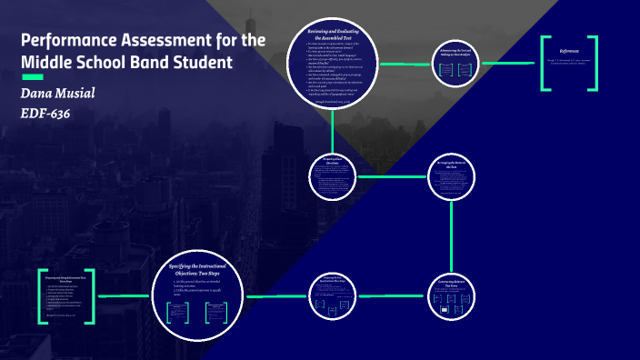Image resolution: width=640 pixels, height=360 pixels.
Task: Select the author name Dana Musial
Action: pyautogui.click(x=56, y=95)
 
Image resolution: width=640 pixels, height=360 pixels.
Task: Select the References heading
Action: pyautogui.click(x=569, y=51)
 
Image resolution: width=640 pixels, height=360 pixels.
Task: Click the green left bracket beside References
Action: pyautogui.click(x=545, y=64)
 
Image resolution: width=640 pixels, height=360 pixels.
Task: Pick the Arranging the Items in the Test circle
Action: pyautogui.click(x=453, y=175)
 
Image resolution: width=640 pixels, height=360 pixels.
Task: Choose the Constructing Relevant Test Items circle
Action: pyautogui.click(x=452, y=295)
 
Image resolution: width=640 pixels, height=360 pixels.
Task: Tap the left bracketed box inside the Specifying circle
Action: pyautogui.click(x=176, y=313)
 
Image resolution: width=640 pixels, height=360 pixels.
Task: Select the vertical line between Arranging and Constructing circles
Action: pyautogui.click(x=453, y=235)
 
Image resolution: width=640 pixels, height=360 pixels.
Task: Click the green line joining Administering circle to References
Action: pyautogui.click(x=509, y=64)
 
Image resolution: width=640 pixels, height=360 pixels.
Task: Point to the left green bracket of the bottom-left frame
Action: pyautogui.click(x=44, y=296)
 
